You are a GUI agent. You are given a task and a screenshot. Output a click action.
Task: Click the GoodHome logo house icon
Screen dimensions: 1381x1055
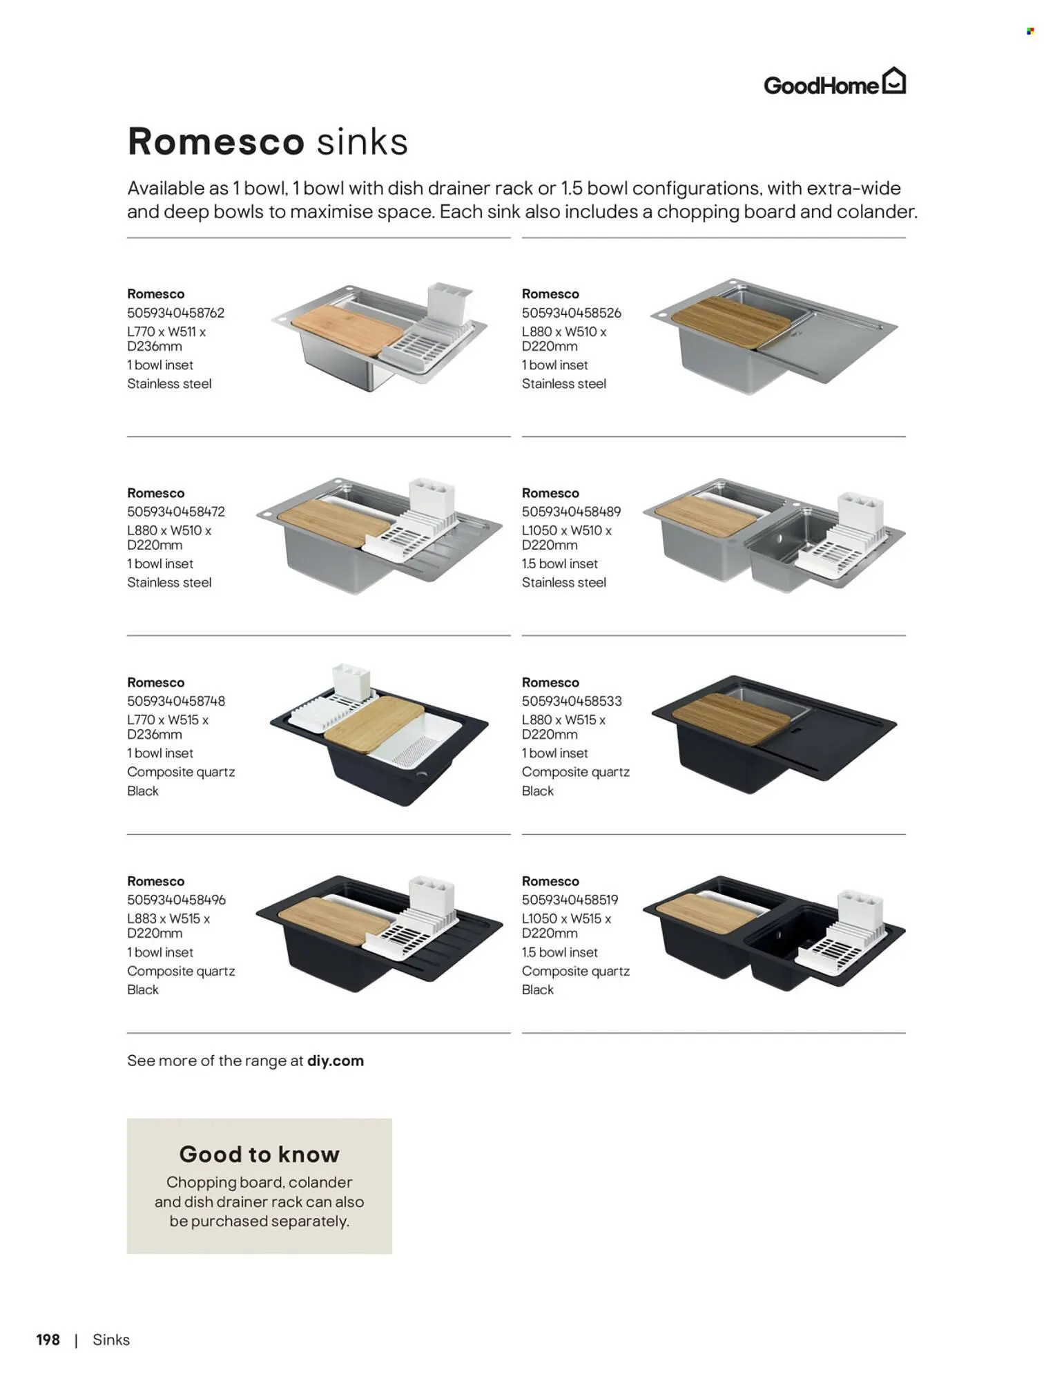pyautogui.click(x=893, y=81)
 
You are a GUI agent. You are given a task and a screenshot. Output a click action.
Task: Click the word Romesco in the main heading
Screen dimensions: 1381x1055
pyautogui.click(x=216, y=142)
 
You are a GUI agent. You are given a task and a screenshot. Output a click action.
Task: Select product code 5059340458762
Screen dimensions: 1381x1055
pyautogui.click(x=175, y=313)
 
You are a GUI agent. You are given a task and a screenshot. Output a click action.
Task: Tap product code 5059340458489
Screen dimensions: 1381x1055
pyautogui.click(x=571, y=512)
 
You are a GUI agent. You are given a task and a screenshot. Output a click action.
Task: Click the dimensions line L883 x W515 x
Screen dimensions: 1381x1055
pyautogui.click(x=168, y=918)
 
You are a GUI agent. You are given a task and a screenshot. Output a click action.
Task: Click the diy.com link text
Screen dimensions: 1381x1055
pyautogui.click(x=336, y=1061)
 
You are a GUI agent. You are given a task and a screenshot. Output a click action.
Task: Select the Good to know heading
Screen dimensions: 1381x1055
pyautogui.click(x=259, y=1154)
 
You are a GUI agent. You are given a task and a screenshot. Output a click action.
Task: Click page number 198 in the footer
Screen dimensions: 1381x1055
pyautogui.click(x=48, y=1340)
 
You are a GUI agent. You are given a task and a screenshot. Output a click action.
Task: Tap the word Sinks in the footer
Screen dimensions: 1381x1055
pyautogui.click(x=111, y=1340)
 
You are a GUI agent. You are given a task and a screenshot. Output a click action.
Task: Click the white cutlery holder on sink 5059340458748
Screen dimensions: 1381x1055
pyautogui.click(x=351, y=682)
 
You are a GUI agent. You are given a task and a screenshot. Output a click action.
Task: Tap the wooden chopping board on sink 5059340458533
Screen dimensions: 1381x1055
pyautogui.click(x=730, y=719)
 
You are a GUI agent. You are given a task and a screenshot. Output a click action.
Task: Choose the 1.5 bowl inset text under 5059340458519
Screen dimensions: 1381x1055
pyautogui.click(x=559, y=952)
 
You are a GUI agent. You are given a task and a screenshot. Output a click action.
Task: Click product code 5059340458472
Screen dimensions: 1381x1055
pyautogui.click(x=175, y=512)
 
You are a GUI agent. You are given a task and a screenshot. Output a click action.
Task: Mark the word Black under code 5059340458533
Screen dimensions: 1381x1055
pyautogui.click(x=537, y=791)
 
